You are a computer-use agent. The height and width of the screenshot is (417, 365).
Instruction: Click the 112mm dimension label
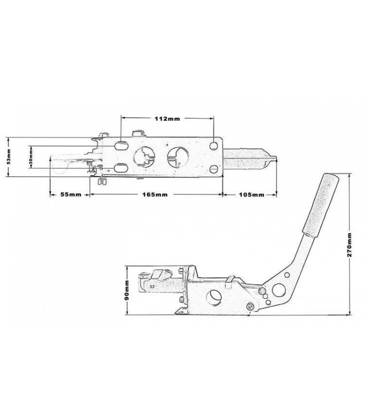click(167, 119)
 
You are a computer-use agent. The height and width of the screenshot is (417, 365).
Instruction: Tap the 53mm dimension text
click(9, 157)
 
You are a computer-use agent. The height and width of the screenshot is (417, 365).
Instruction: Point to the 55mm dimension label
click(71, 194)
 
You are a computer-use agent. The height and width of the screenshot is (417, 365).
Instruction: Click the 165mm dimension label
click(155, 194)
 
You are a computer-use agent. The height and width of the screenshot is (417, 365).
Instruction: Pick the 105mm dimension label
click(251, 194)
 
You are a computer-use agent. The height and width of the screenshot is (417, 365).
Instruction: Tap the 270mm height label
click(349, 244)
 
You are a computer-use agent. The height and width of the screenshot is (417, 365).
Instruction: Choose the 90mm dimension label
click(127, 290)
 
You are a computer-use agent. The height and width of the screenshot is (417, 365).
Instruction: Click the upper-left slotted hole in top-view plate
click(121, 146)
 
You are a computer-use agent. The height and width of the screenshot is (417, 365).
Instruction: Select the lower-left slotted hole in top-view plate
click(121, 168)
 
